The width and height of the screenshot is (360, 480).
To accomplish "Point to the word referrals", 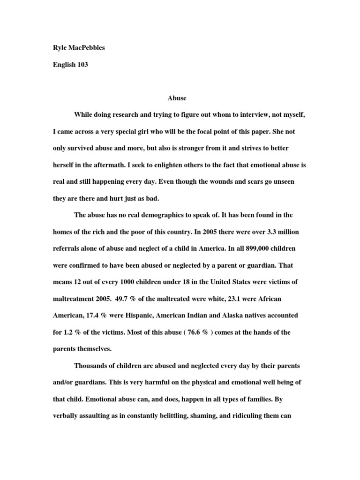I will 68,248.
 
